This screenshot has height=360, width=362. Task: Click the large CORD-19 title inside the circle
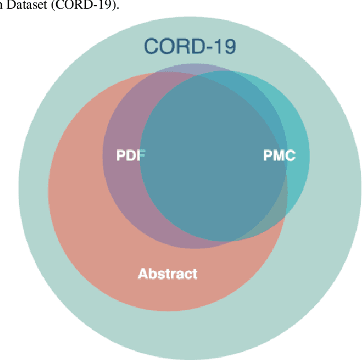click(190, 46)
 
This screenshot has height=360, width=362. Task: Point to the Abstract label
click(167, 274)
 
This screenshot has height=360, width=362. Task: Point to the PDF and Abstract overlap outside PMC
click(124, 191)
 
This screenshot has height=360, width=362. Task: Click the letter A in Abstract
click(143, 274)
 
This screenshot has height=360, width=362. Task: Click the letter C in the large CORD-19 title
click(152, 46)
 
